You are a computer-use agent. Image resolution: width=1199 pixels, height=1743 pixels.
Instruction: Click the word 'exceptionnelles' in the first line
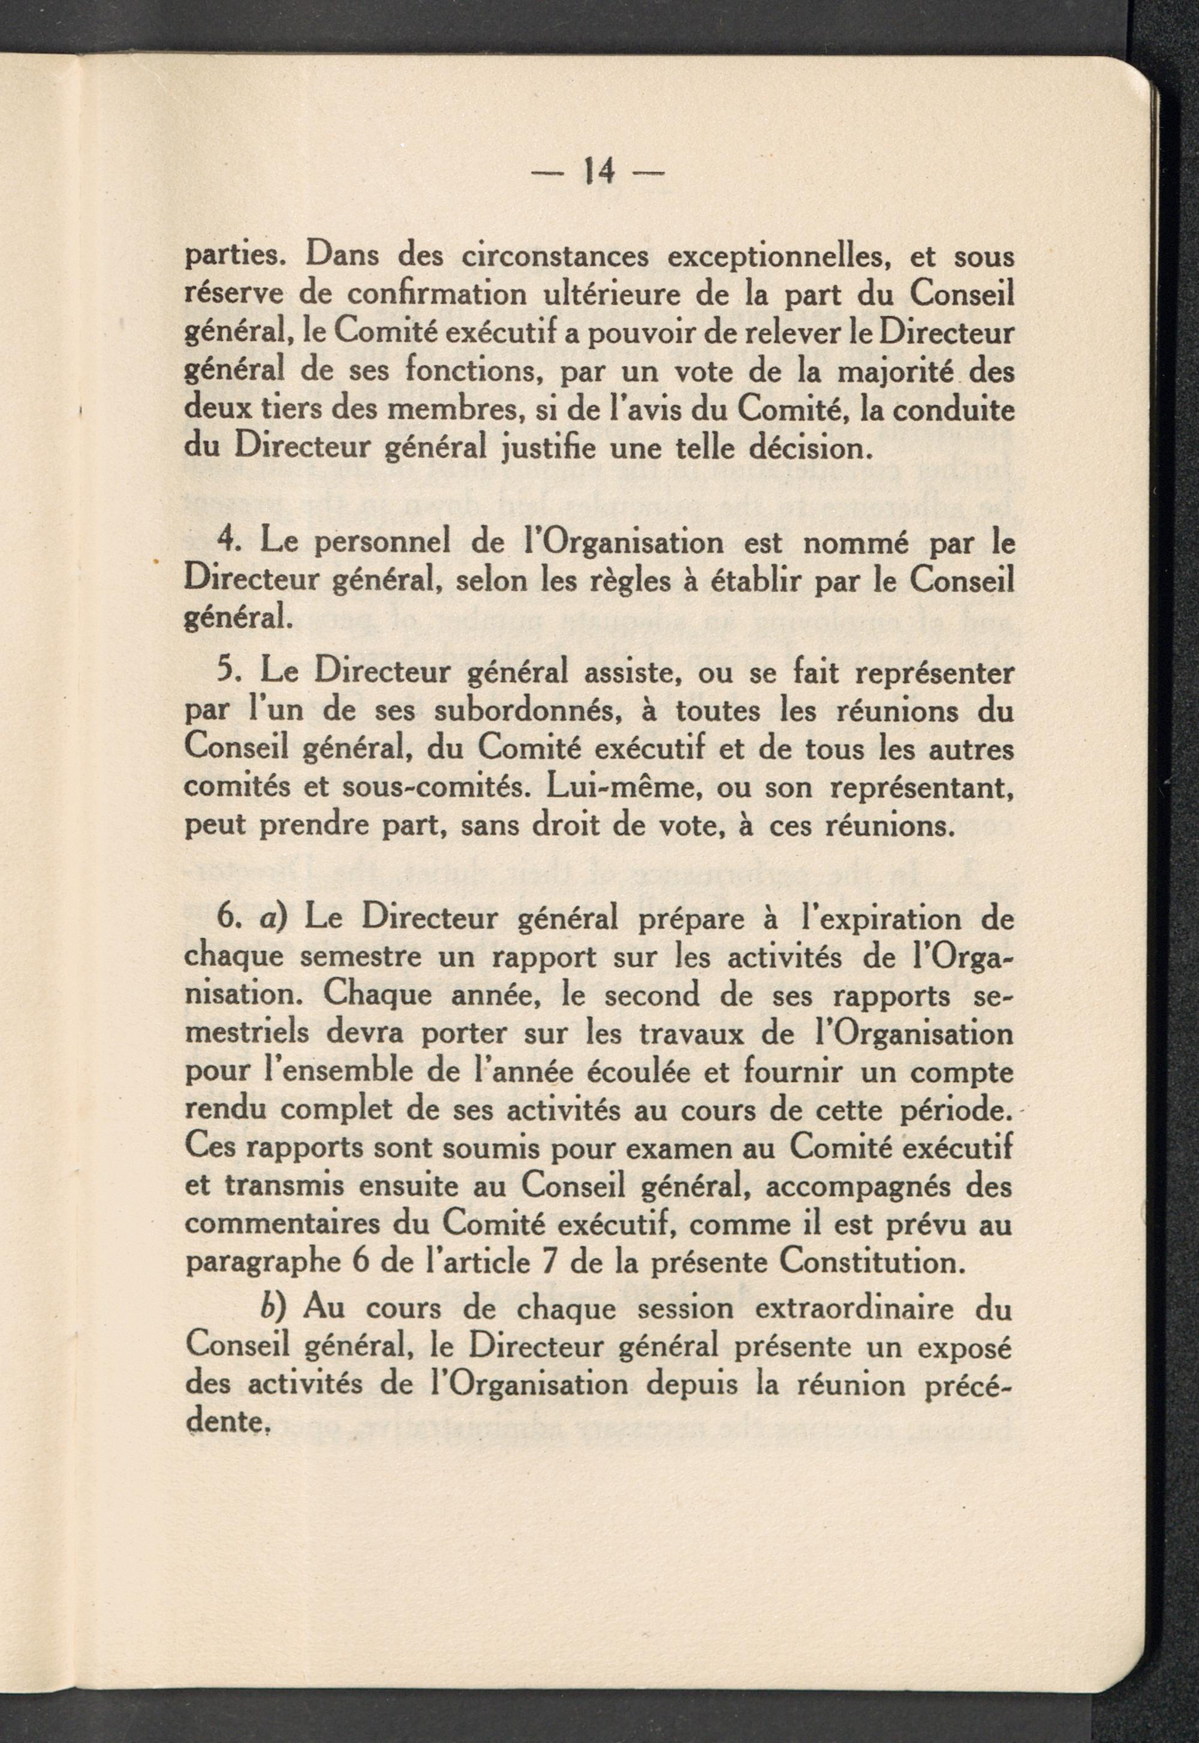click(x=774, y=258)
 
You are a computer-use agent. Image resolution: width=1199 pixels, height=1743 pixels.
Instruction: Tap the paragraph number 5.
click(x=223, y=672)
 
